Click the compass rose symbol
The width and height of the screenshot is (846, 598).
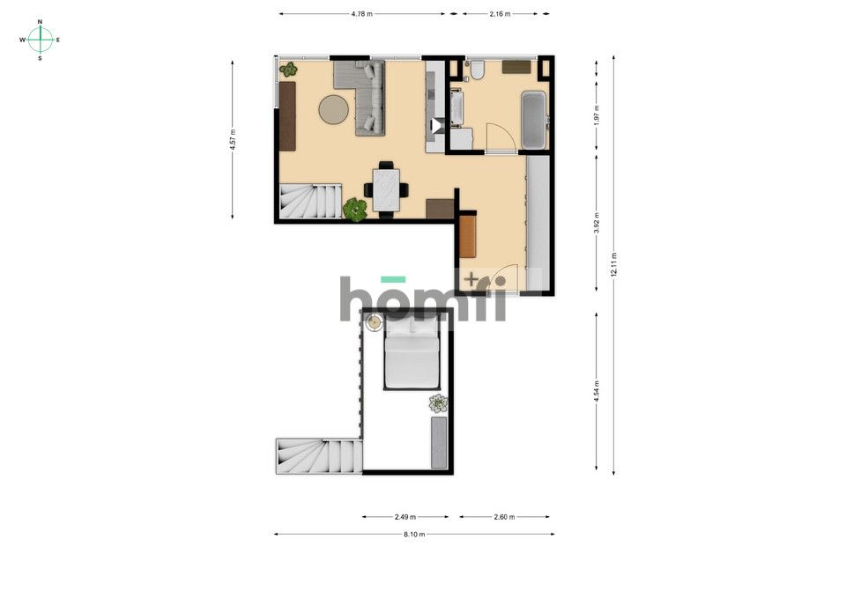tap(40, 40)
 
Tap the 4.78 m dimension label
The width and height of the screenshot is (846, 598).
tap(361, 14)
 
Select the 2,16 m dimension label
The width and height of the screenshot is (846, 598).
tap(499, 14)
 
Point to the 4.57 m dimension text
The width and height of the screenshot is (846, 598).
tap(233, 140)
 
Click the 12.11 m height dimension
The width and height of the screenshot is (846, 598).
tap(613, 264)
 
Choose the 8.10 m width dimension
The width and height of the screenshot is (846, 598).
tap(414, 535)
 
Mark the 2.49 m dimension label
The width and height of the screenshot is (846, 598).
tap(405, 517)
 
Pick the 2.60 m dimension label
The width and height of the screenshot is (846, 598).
tap(503, 517)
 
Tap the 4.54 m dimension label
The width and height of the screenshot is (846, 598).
tap(597, 392)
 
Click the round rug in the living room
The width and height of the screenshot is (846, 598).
tap(333, 109)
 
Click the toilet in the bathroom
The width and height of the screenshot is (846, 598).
tap(476, 70)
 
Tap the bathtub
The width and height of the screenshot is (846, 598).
tap(534, 121)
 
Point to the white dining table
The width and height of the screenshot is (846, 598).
tap(387, 189)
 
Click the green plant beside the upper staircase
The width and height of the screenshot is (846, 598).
tap(354, 209)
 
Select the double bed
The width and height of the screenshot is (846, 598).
tap(412, 354)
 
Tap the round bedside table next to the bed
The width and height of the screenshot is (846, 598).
tap(374, 322)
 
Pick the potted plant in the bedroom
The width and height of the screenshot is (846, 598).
tap(438, 403)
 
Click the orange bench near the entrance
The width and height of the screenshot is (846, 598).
tap(467, 235)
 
